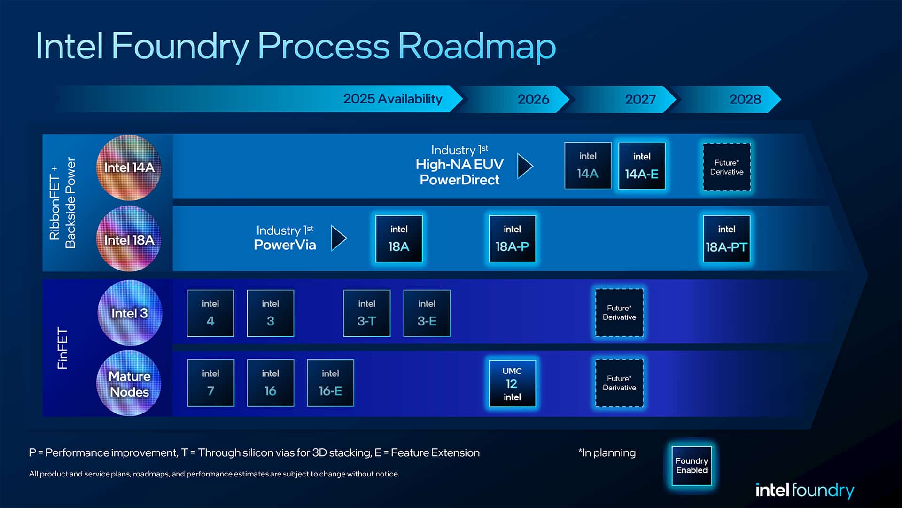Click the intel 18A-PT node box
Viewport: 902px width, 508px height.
click(726, 238)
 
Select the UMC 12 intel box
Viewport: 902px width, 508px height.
click(512, 383)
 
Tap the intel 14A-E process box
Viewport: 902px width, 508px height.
click(642, 166)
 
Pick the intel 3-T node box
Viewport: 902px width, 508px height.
click(366, 313)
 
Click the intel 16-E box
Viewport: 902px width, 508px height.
click(330, 383)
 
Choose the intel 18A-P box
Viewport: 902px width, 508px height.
click(512, 238)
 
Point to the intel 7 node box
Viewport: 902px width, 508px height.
click(210, 383)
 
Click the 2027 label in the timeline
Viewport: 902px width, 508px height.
click(640, 99)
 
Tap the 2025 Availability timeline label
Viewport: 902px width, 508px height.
click(393, 99)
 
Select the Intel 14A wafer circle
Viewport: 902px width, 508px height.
click(129, 167)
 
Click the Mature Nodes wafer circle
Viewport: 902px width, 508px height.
click(129, 383)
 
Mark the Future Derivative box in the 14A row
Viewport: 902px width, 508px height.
click(726, 167)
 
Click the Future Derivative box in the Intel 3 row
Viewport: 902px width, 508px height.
click(619, 313)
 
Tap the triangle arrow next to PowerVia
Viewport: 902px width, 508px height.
click(338, 238)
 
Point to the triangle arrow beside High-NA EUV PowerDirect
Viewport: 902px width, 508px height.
click(524, 166)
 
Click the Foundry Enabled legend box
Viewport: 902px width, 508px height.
click(692, 466)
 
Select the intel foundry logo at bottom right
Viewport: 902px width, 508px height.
click(804, 490)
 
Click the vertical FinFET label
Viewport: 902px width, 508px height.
click(62, 348)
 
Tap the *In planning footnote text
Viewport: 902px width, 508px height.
click(607, 452)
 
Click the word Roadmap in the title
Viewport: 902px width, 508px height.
click(477, 46)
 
